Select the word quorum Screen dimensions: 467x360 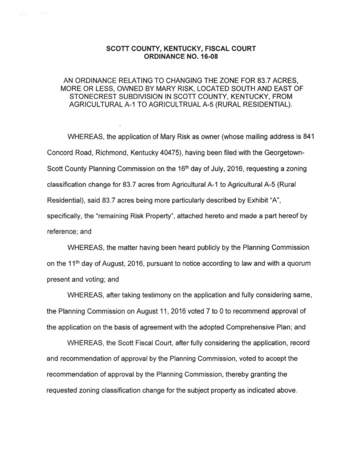coord(299,263)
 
